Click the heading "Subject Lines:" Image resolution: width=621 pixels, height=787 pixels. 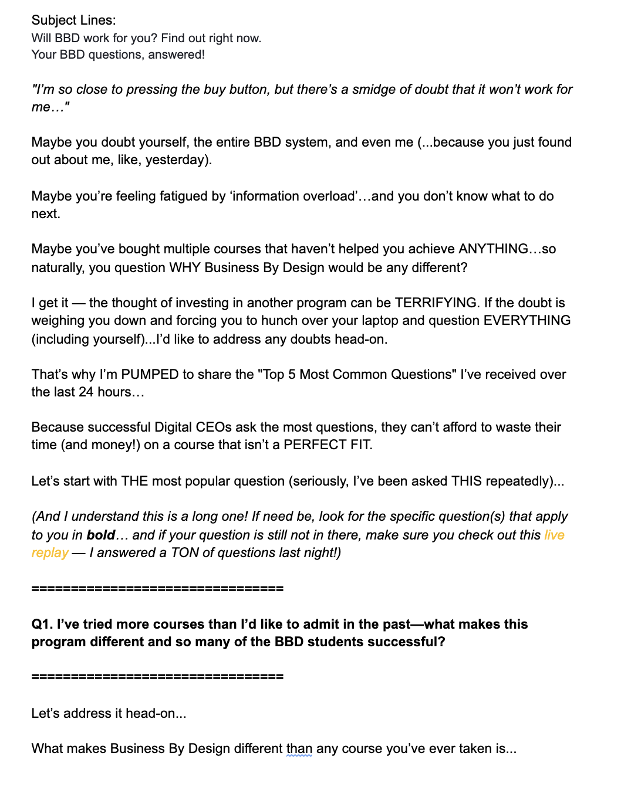pos(73,20)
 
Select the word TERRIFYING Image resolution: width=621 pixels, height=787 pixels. pos(436,303)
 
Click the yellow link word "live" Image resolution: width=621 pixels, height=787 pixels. pos(554,535)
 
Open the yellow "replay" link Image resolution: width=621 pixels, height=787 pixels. pos(50,552)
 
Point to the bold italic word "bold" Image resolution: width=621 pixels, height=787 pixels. pos(101,535)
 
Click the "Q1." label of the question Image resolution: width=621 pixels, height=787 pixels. pos(42,624)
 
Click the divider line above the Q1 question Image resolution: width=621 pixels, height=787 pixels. pos(157,588)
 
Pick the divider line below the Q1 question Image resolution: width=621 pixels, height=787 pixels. pos(157,676)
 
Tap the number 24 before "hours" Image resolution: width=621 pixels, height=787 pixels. pos(86,392)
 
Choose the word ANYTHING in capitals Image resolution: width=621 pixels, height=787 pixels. pos(493,249)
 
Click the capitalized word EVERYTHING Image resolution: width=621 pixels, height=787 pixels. pos(526,320)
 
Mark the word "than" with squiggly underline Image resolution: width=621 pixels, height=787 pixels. pos(299,748)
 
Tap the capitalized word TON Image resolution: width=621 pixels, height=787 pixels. pos(184,552)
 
